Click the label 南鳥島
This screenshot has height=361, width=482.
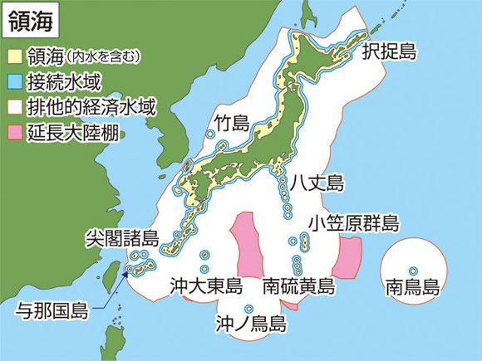point(413,288)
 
